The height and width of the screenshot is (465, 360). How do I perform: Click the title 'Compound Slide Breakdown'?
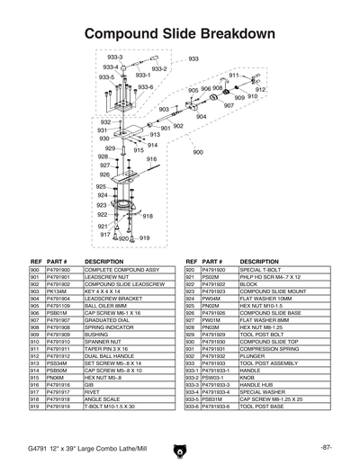[179, 34]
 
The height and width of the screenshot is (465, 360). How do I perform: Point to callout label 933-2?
[159, 67]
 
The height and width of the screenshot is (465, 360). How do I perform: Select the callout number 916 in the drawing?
[151, 159]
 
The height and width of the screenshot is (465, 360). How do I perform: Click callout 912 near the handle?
[260, 90]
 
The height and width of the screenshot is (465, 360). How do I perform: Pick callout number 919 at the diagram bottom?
[146, 237]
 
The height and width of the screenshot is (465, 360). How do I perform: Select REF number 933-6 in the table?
[192, 407]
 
